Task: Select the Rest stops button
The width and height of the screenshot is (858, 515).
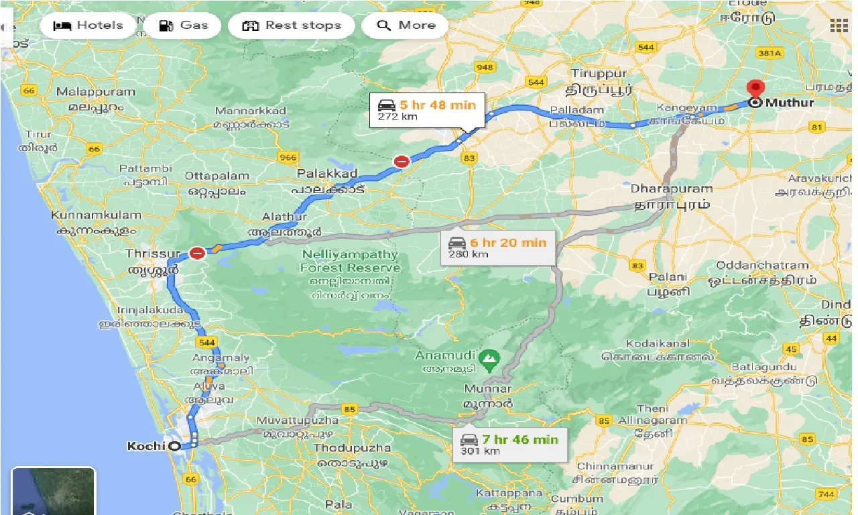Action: tap(291, 25)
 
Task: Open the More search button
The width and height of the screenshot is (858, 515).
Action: tap(406, 25)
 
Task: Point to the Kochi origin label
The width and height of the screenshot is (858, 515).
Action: tap(145, 446)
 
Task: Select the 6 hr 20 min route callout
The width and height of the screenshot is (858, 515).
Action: tap(497, 247)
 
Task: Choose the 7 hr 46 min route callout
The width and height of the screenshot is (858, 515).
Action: tap(509, 445)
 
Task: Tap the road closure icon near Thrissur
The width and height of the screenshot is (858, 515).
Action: tap(197, 253)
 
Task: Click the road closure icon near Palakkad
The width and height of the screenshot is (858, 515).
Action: tap(402, 161)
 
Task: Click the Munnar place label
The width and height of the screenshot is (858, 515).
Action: tap(488, 389)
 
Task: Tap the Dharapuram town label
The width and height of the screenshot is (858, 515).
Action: tap(670, 188)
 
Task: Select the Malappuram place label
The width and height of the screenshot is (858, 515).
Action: tap(90, 92)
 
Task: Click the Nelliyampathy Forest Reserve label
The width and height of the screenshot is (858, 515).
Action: tap(350, 261)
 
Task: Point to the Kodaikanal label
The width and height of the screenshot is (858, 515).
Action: tap(658, 343)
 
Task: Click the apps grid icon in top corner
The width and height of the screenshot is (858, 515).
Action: tap(839, 25)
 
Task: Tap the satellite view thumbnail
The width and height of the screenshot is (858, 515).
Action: tap(54, 491)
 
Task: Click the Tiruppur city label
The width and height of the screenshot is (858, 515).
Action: tap(599, 73)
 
